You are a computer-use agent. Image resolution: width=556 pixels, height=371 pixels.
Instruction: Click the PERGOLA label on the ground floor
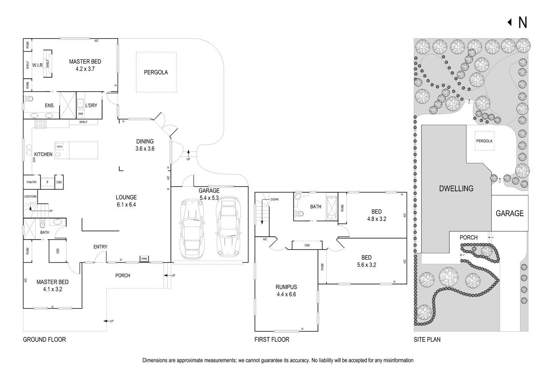[x=155, y=72]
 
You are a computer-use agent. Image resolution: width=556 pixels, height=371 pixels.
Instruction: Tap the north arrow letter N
[x=522, y=23]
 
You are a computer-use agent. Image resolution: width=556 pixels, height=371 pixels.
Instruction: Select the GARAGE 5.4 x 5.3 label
[x=209, y=194]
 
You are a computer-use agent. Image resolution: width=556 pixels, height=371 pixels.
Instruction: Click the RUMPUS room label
[x=286, y=290]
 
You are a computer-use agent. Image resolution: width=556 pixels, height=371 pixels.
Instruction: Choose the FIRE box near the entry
[x=144, y=259]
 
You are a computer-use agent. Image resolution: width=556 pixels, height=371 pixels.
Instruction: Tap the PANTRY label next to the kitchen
[x=32, y=182]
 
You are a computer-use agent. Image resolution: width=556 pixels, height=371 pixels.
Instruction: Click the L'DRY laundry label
[x=91, y=105]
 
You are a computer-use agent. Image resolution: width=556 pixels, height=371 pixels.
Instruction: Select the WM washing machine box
[x=81, y=114]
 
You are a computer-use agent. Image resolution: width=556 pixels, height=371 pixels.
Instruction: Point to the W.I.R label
[x=37, y=65]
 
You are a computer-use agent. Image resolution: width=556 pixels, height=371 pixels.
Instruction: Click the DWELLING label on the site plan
[x=456, y=188]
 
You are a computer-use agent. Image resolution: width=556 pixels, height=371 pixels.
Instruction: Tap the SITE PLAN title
[x=427, y=339]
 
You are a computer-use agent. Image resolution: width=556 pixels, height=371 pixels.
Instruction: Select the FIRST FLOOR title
[x=272, y=339]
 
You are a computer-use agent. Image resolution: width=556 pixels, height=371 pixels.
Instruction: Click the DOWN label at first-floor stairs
[x=274, y=199]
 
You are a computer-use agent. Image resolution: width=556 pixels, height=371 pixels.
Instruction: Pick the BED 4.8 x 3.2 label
[x=376, y=215]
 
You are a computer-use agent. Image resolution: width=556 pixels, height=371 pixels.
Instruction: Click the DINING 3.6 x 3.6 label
[x=145, y=145]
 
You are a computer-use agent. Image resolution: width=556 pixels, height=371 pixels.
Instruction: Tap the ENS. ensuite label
[x=50, y=105]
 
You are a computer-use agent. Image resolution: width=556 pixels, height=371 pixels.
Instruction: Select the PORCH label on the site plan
[x=468, y=237]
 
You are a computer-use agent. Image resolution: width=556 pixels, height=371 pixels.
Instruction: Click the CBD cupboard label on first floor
[x=307, y=245]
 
